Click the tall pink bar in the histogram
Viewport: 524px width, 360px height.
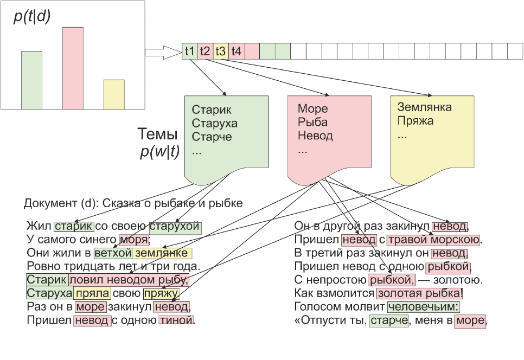pyautogui.click(x=73, y=67)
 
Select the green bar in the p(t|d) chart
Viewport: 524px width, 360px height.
pyautogui.click(x=31, y=80)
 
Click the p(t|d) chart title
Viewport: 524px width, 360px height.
pyautogui.click(x=32, y=17)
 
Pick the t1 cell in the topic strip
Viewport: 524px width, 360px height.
pyautogui.click(x=190, y=52)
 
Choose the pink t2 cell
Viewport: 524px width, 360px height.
pyautogui.click(x=205, y=52)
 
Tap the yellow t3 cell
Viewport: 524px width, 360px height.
pyautogui.click(x=221, y=52)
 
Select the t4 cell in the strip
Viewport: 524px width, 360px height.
pyautogui.click(x=236, y=52)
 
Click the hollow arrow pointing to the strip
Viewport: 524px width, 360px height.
pyautogui.click(x=164, y=52)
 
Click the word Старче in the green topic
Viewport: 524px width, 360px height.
pyautogui.click(x=212, y=137)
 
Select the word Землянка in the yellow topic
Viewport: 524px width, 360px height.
pyautogui.click(x=424, y=107)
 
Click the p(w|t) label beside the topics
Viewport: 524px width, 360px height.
pyautogui.click(x=159, y=153)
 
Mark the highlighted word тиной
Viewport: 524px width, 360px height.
pyautogui.click(x=176, y=320)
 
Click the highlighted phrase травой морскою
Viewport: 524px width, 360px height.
pyautogui.click(x=433, y=240)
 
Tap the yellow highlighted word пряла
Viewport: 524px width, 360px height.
pyautogui.click(x=93, y=294)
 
